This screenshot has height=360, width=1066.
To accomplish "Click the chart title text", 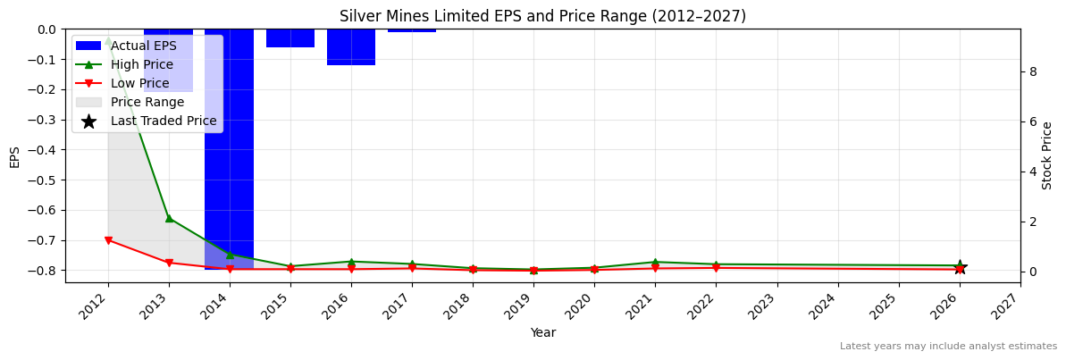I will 542,16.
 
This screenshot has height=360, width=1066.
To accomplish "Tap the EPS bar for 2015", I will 290,38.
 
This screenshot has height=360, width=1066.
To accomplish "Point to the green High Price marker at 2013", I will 169,218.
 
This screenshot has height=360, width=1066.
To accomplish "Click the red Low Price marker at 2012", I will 108,240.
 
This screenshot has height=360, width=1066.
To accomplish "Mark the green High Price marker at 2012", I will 108,41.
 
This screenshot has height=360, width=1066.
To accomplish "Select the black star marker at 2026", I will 960,267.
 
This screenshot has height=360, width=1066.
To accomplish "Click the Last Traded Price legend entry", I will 164,121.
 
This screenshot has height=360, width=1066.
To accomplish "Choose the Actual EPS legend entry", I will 143,46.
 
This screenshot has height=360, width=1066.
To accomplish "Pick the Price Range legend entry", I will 147,102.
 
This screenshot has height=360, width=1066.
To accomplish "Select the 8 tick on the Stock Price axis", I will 1030,71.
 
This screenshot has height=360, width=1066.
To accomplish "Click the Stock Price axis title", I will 1047,155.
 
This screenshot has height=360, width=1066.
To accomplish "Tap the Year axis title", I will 542,332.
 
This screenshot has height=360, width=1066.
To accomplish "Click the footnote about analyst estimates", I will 947,347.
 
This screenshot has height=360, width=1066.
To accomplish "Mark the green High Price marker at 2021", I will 655,262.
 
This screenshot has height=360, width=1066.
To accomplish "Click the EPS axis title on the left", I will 15,156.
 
